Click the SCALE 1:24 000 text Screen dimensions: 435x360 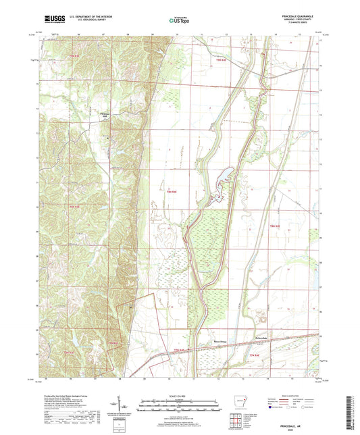pos(180,395)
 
